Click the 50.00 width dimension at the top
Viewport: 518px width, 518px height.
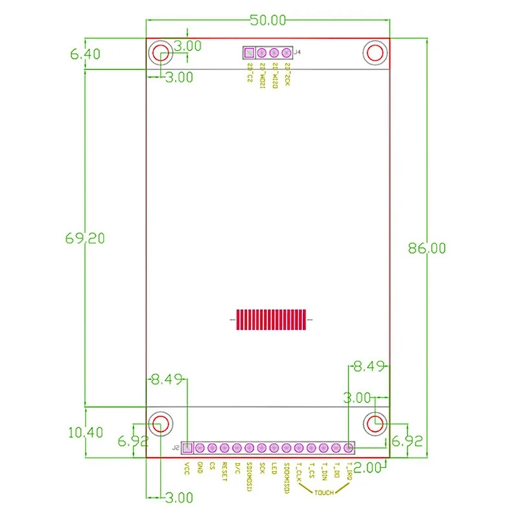(268, 19)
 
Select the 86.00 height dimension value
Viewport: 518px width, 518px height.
(427, 247)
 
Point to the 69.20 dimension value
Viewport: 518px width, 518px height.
(85, 238)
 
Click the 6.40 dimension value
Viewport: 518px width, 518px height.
(85, 54)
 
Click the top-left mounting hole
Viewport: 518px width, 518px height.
(161, 54)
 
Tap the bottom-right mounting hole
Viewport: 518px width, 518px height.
(375, 423)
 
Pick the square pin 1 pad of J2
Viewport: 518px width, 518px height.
(187, 447)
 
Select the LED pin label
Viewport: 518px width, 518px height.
(274, 468)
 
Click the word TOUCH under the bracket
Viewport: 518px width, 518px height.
(324, 493)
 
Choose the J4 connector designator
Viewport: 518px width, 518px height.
(297, 52)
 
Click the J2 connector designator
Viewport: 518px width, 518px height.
(175, 447)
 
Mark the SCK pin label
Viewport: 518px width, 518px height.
(262, 468)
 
